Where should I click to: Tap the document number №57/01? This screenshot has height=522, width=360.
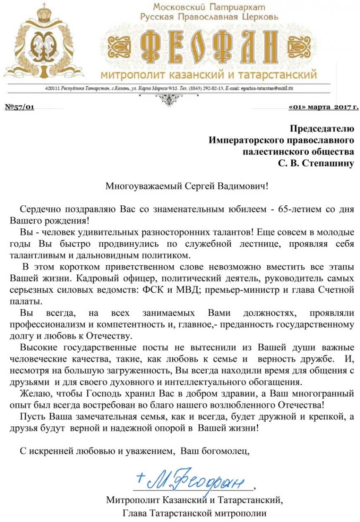point(19,107)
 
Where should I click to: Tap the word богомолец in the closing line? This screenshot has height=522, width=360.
point(228,451)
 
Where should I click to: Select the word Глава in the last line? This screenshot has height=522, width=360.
point(135,513)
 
